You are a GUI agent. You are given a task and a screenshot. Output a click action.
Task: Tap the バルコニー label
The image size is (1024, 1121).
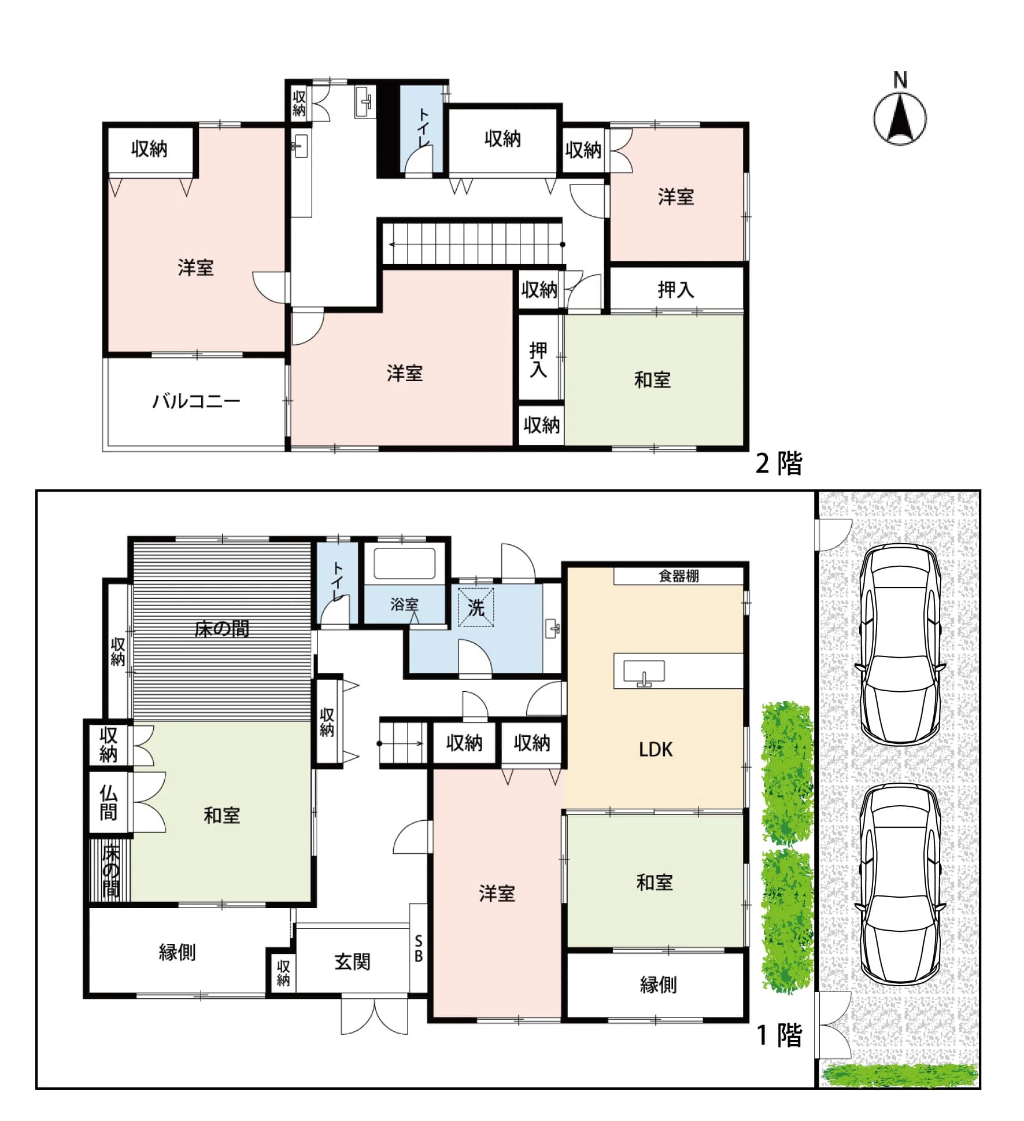click(196, 401)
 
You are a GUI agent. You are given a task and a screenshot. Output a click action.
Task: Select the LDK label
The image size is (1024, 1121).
click(656, 750)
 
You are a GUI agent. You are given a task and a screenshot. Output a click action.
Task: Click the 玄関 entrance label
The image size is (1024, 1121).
click(352, 962)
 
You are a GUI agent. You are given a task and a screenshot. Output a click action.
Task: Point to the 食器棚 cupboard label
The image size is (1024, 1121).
click(679, 576)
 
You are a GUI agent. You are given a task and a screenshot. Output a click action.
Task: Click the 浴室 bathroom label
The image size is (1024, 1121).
click(404, 604)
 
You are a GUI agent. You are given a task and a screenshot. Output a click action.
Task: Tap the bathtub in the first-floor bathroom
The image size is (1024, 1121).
click(404, 563)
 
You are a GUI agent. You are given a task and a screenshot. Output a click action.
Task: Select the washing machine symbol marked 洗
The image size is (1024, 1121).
click(476, 607)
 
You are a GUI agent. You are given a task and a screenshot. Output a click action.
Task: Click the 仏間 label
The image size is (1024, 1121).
click(108, 803)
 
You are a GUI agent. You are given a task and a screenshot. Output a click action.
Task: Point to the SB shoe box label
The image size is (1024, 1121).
click(419, 949)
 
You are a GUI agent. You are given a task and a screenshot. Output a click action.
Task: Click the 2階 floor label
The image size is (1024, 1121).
click(779, 463)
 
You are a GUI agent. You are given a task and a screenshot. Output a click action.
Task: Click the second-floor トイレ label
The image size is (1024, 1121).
click(423, 127)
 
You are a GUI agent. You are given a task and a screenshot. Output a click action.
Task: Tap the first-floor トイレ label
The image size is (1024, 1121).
click(337, 581)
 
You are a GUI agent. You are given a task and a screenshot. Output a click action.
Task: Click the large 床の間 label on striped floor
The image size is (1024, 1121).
click(221, 629)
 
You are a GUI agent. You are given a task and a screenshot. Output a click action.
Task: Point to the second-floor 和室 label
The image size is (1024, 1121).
click(652, 380)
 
